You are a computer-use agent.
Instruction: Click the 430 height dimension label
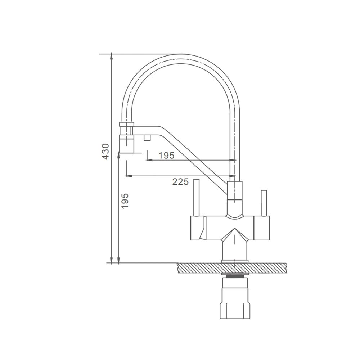[105, 152]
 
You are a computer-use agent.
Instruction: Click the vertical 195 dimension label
[125, 201]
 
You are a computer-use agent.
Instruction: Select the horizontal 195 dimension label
[167, 156]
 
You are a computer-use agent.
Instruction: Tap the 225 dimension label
[180, 181]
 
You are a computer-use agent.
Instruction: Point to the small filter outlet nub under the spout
[147, 138]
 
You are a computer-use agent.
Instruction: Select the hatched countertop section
[232, 268]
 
